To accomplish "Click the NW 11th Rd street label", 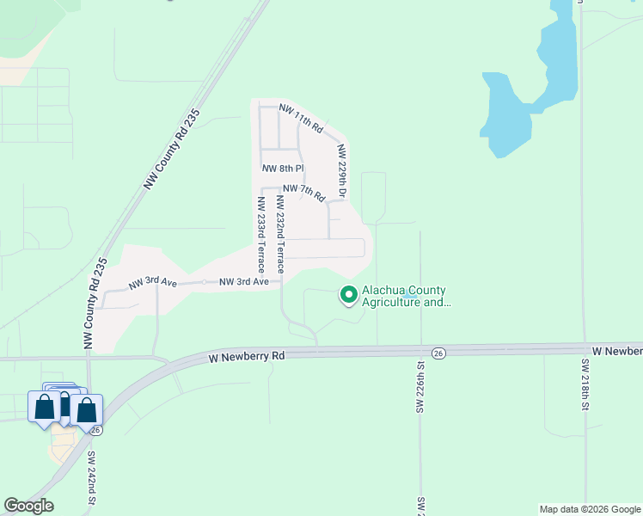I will coord(300,120).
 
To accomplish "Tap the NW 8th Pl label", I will coord(283,169).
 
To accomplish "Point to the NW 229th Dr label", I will coord(341,170).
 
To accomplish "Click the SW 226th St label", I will coord(421,387).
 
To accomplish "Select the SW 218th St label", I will coord(585,383).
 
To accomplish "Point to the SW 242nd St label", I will coord(91,478).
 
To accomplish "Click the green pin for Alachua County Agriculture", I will coord(349,295).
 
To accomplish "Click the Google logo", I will coord(28,506).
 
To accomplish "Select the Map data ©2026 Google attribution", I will coord(590,509).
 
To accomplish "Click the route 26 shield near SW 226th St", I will coord(438,353).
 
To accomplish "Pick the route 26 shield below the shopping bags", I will coord(95,429).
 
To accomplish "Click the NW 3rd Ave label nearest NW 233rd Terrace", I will coord(244,281).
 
